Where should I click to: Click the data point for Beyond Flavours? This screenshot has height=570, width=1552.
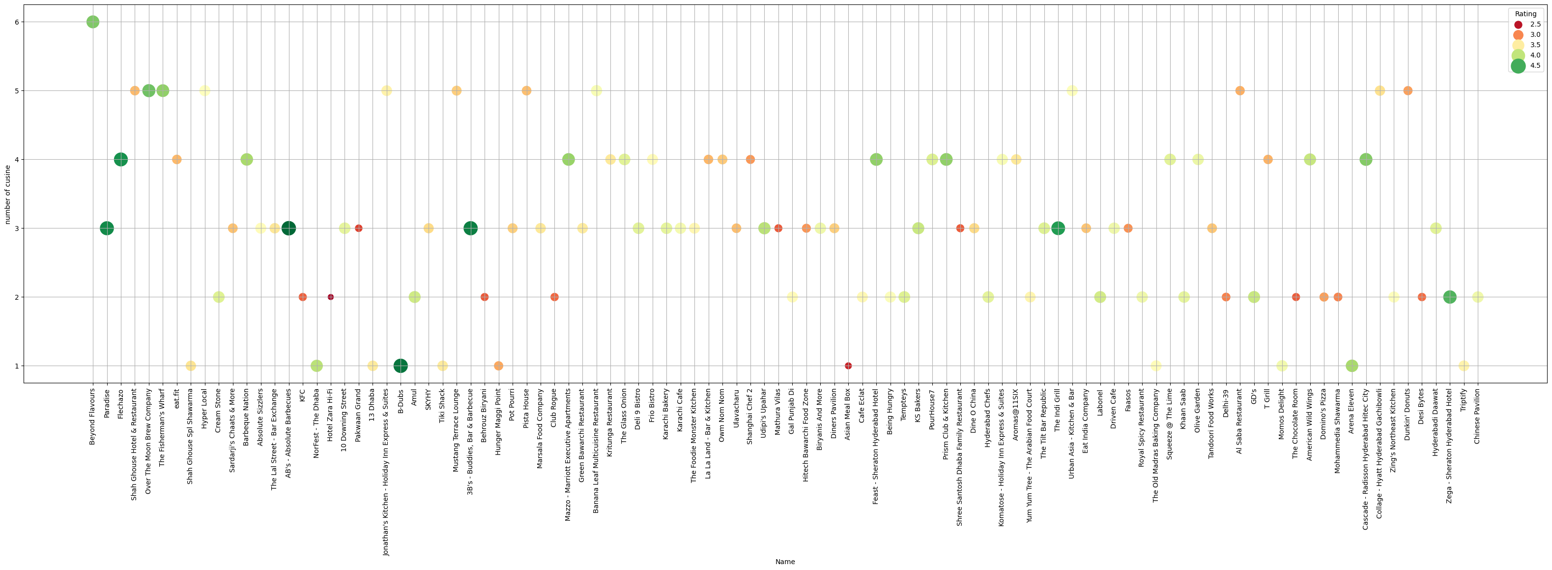point(93,22)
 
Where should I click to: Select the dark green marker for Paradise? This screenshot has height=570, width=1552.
point(107,228)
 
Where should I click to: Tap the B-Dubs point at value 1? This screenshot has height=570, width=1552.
point(401,366)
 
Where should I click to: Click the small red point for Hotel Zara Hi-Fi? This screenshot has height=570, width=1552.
point(331,297)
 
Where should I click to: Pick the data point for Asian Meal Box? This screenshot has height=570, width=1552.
point(848,366)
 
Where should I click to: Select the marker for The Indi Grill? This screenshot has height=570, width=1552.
point(1058,228)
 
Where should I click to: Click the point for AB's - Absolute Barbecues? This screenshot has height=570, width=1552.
point(288,228)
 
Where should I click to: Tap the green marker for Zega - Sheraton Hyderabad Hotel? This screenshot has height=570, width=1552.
point(1450,297)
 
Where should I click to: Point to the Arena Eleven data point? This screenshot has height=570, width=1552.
point(1352,366)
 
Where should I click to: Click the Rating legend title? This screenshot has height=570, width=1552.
point(1525,14)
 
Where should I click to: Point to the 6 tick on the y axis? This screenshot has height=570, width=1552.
point(17,22)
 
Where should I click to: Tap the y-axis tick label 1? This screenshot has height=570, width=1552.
point(17,366)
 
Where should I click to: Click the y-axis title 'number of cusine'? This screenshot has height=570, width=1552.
point(7,194)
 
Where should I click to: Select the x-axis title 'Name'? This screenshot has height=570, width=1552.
point(785,562)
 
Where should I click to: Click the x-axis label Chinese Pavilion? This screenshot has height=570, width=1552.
point(1477,416)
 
